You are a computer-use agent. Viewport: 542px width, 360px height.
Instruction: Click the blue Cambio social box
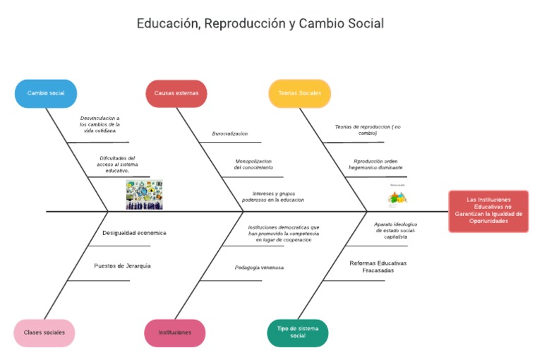(46, 93)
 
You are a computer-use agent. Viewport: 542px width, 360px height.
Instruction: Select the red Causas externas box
(176, 93)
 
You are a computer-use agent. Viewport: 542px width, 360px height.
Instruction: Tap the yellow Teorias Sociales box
(299, 93)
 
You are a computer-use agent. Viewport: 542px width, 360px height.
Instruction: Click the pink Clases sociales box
(44, 332)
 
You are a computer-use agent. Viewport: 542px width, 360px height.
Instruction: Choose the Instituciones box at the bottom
(174, 332)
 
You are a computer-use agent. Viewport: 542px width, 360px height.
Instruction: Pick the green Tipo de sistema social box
(298, 332)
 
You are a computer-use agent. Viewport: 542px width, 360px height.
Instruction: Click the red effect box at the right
(488, 210)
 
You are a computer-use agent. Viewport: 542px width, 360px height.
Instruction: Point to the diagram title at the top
(260, 23)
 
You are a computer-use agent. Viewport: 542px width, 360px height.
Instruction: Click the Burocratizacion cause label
(230, 133)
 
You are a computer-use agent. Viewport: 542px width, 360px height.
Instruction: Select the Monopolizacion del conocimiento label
(253, 164)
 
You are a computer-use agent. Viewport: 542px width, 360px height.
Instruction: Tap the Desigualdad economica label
(134, 232)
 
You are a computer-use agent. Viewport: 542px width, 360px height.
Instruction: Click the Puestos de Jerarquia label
(123, 266)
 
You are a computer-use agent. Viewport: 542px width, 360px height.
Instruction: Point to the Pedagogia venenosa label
(259, 268)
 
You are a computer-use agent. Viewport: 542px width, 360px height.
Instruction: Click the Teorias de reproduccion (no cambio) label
(367, 130)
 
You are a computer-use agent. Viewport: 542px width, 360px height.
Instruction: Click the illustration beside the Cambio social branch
(144, 194)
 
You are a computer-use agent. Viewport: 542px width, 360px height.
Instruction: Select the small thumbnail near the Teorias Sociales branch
(398, 196)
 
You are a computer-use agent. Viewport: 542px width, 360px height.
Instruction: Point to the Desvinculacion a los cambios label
(100, 124)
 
